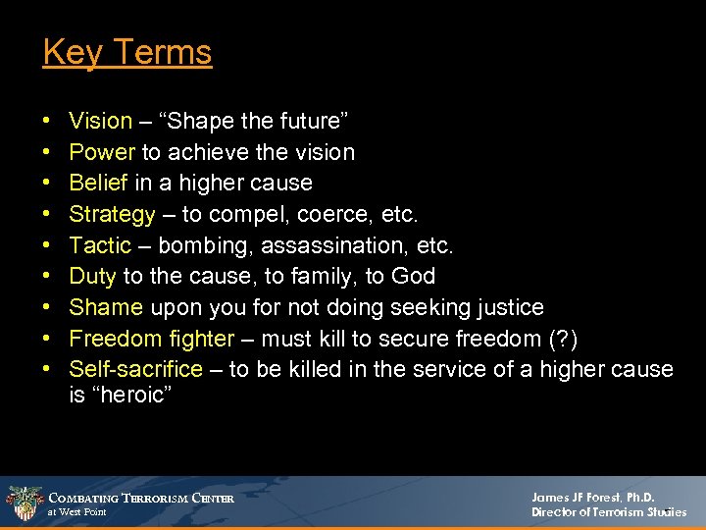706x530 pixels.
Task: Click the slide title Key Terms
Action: tap(126, 51)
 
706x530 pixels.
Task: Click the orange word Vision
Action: tap(100, 122)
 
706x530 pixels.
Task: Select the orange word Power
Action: tap(102, 152)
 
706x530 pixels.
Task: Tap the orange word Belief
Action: tap(99, 183)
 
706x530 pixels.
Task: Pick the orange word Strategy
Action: tap(112, 214)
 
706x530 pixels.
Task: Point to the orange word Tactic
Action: tap(100, 244)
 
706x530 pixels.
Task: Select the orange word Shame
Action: tap(106, 307)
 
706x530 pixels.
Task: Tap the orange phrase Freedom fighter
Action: tap(151, 339)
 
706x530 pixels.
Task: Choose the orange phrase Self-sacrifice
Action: tap(135, 369)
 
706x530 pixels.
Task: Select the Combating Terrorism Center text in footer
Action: tap(142, 498)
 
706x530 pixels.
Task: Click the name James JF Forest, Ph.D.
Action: tap(592, 498)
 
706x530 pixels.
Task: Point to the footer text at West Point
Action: tap(77, 512)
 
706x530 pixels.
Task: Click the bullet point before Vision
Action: tap(48, 122)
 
